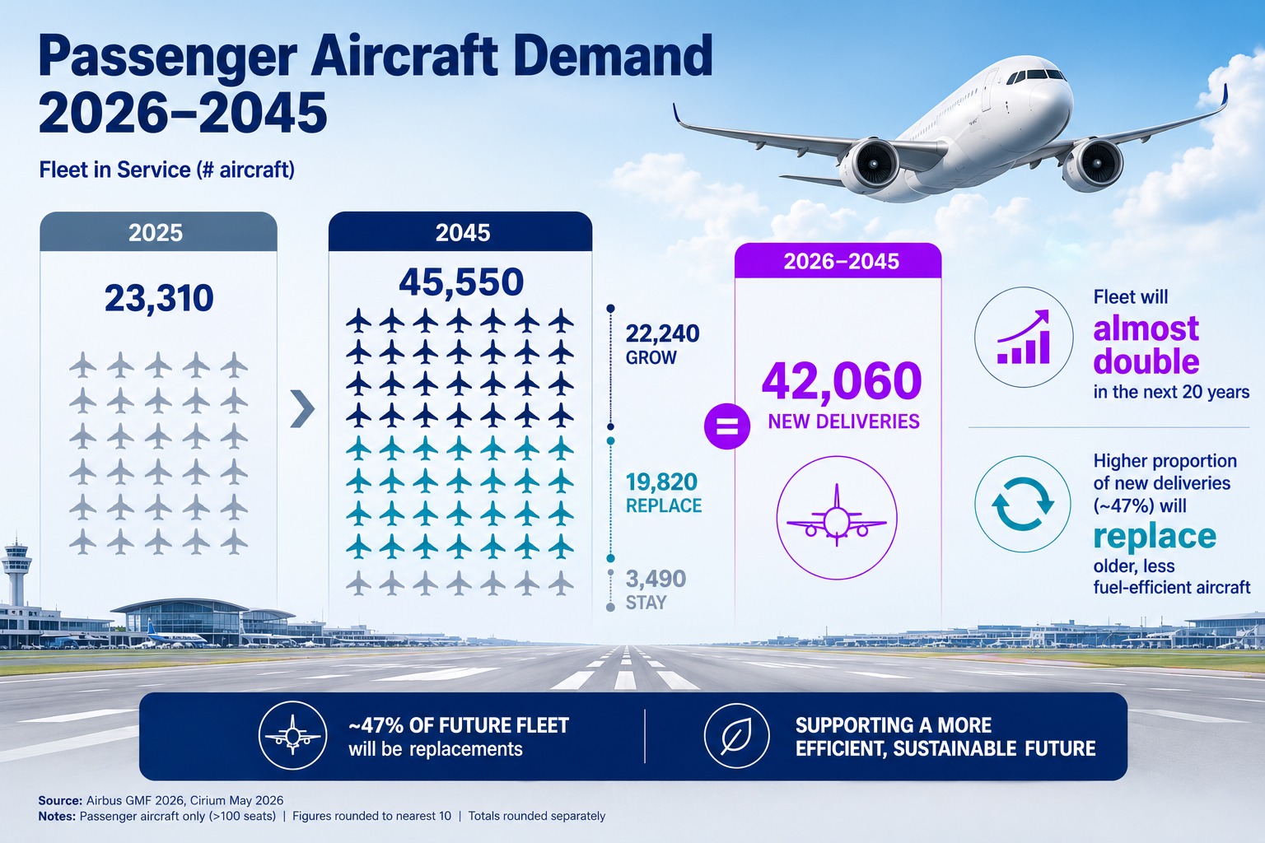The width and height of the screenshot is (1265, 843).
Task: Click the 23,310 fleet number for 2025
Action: pyautogui.click(x=159, y=298)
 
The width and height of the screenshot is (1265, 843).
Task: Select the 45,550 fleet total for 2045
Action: pyautogui.click(x=461, y=282)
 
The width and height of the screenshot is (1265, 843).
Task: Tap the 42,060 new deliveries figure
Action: pyautogui.click(x=842, y=382)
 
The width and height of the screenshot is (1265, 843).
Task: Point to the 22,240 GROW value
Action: pyautogui.click(x=662, y=333)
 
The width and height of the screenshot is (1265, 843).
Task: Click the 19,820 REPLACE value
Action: pyautogui.click(x=662, y=482)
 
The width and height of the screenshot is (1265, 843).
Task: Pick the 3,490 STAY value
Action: pyautogui.click(x=656, y=579)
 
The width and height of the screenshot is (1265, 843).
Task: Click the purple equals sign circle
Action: pyautogui.click(x=727, y=426)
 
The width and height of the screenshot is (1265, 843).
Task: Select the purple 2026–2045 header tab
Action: pyautogui.click(x=838, y=261)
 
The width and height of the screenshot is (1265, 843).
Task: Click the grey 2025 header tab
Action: pyautogui.click(x=159, y=232)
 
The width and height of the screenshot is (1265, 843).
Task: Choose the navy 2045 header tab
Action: pyautogui.click(x=460, y=232)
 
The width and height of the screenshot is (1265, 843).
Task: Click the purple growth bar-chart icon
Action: pyautogui.click(x=1024, y=337)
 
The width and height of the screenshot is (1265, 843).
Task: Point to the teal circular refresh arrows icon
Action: pyautogui.click(x=1023, y=504)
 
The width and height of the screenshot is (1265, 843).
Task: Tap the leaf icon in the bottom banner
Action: pyautogui.click(x=736, y=736)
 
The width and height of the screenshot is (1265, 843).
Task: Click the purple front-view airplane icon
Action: pyautogui.click(x=837, y=516)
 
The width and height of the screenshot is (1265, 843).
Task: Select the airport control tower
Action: pyautogui.click(x=16, y=571)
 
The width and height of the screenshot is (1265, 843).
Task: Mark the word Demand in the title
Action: pyautogui.click(x=613, y=56)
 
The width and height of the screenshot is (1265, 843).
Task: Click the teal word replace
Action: pyautogui.click(x=1155, y=537)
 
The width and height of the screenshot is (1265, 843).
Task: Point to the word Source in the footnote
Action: pyautogui.click(x=60, y=800)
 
